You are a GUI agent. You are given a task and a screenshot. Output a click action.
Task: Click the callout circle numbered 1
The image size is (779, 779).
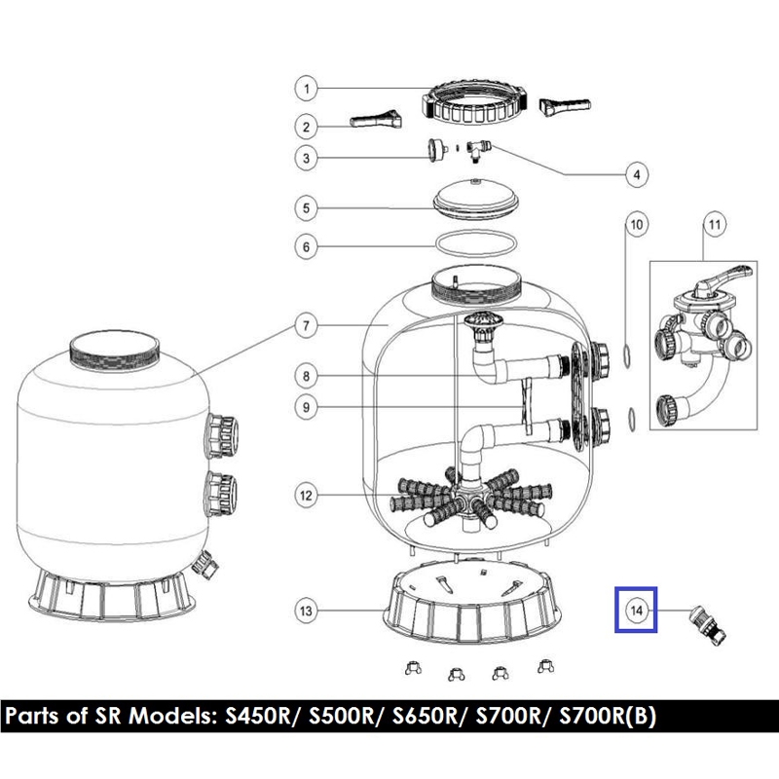pyautogui.click(x=306, y=89)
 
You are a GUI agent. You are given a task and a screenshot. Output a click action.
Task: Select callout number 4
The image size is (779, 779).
pyautogui.click(x=637, y=174)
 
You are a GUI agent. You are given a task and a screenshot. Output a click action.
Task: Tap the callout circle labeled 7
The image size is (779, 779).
pyautogui.click(x=306, y=326)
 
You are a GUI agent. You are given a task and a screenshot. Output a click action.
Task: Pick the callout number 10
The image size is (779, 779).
pyautogui.click(x=637, y=225)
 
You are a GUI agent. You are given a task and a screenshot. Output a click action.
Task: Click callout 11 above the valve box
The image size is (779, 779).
pyautogui.click(x=715, y=225)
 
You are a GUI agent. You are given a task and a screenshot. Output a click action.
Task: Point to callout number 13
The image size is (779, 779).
pyautogui.click(x=306, y=611)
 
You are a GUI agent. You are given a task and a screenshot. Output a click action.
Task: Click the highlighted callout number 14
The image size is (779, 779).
pyautogui.click(x=637, y=611)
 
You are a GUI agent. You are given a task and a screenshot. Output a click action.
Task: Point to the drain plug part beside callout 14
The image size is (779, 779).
pyautogui.click(x=707, y=626)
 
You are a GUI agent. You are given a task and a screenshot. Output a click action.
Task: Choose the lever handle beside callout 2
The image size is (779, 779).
pyautogui.click(x=376, y=120)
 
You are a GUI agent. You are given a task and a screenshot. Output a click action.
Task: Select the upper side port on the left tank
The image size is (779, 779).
pyautogui.click(x=222, y=435)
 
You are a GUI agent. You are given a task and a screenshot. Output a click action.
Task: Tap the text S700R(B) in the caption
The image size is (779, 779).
pyautogui.click(x=608, y=716)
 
